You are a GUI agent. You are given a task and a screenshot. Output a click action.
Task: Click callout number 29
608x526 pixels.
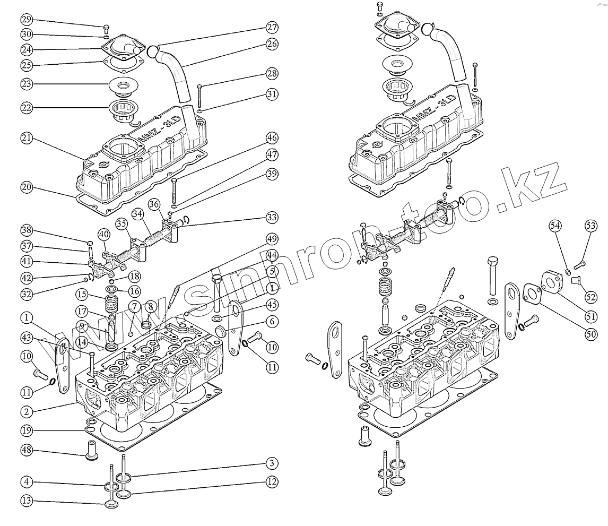pos(27,20)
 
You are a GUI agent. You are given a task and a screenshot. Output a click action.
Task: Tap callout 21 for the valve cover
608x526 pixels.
pos(27,138)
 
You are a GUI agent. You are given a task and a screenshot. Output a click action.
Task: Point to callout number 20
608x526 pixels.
pos(27,187)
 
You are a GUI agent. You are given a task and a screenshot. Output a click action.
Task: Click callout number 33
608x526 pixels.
pos(272,218)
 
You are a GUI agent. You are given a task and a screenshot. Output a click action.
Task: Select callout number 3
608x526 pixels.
pos(272,463)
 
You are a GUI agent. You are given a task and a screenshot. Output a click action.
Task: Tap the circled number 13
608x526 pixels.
pos(27,500)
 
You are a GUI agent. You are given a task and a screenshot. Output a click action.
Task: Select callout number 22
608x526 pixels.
pos(27,107)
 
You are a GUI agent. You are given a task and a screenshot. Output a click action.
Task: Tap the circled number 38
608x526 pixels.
pos(27,230)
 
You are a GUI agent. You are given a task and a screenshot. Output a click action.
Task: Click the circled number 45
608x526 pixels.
pos(272,305)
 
